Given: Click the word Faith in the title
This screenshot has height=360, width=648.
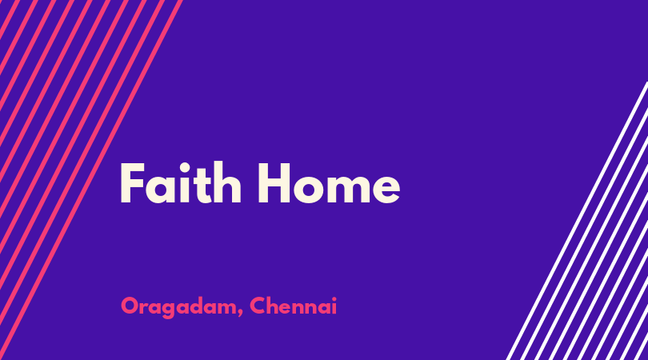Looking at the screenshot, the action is (x=181, y=182).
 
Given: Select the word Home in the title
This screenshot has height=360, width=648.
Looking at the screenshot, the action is (x=329, y=182).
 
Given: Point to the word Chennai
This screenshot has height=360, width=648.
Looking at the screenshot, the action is (x=293, y=306).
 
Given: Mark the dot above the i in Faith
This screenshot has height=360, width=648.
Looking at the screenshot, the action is (x=184, y=167).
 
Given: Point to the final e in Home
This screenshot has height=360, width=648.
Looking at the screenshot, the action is (x=385, y=188).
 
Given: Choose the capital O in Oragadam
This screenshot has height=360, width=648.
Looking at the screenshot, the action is (x=130, y=306).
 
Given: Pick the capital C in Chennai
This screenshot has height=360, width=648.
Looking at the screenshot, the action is (x=258, y=306).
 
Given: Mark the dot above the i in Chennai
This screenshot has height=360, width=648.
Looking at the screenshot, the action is (x=334, y=298).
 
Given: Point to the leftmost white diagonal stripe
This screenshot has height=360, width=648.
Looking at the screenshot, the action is (x=577, y=220).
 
